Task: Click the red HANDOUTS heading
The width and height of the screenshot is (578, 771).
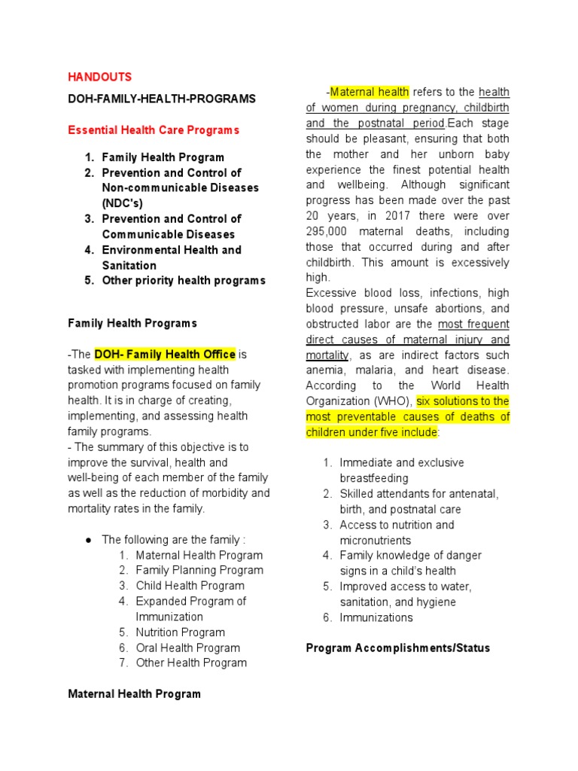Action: [100, 77]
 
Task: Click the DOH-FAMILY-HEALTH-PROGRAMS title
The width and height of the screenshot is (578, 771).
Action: [162, 99]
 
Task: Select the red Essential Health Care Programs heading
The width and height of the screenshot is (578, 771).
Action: [154, 130]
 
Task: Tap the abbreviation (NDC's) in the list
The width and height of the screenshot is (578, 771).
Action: [122, 203]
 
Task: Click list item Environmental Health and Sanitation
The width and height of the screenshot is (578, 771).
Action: [172, 258]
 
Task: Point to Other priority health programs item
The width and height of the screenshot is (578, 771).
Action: [184, 280]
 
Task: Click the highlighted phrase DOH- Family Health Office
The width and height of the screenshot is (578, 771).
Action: [165, 354]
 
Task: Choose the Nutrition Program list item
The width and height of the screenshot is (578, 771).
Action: [180, 632]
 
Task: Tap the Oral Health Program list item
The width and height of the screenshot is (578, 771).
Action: [187, 648]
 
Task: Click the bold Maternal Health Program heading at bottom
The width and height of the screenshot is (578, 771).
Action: [134, 694]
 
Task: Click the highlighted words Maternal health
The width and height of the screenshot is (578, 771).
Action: [370, 92]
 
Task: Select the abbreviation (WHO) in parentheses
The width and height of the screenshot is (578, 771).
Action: [391, 401]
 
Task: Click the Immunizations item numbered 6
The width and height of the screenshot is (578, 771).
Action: [376, 617]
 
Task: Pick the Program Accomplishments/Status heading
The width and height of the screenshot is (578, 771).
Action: [397, 648]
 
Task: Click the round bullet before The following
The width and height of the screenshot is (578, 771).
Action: [88, 540]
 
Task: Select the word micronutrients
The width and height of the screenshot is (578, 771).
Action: [375, 541]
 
